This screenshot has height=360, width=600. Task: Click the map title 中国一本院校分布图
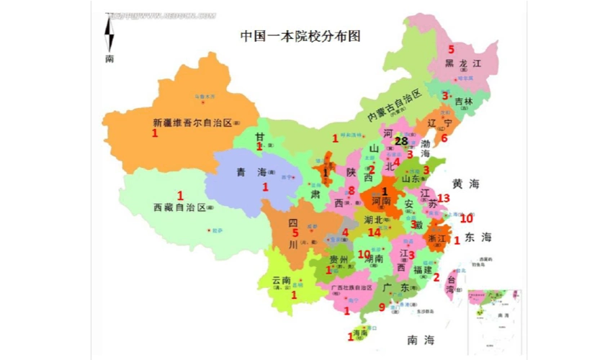click(x=300, y=35)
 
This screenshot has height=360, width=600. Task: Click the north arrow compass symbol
click(x=109, y=36)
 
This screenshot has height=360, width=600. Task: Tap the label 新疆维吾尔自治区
click(x=192, y=122)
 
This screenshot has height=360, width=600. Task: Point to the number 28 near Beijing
click(x=400, y=141)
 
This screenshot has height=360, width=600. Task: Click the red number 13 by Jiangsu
click(x=444, y=198)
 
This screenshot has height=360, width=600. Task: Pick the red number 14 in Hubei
click(x=374, y=233)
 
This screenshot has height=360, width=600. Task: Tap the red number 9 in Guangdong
click(x=382, y=307)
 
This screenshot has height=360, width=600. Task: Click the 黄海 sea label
click(x=466, y=184)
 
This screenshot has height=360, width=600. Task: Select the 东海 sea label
click(x=478, y=237)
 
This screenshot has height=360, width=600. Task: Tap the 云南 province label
click(x=281, y=280)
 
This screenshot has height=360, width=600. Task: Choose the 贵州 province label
click(x=339, y=259)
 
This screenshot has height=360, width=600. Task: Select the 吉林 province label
click(x=464, y=102)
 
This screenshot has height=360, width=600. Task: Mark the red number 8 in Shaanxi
click(x=352, y=191)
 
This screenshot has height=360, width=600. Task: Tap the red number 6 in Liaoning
click(x=444, y=138)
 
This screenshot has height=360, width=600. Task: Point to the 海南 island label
click(x=358, y=333)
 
